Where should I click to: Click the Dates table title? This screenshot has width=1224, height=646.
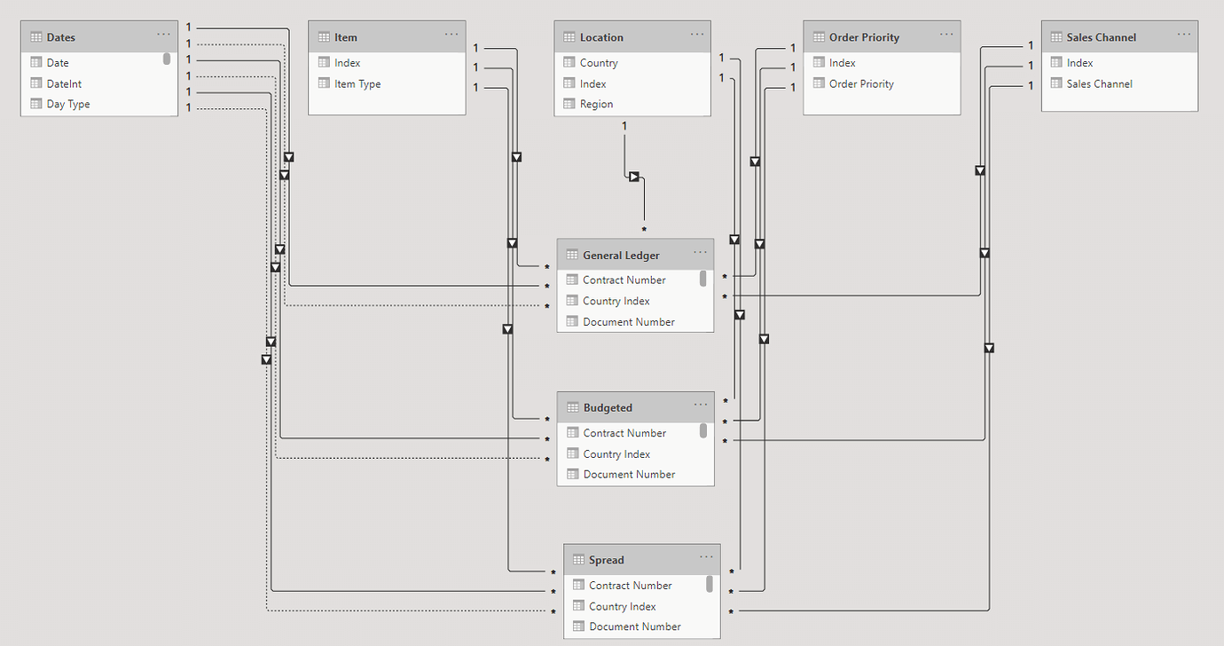coord(60,37)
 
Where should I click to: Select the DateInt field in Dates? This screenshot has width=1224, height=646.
coord(64,83)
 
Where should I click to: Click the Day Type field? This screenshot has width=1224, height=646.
coord(67,104)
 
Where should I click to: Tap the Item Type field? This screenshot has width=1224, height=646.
coord(357,83)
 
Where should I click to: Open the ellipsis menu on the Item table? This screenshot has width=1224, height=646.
coord(451,35)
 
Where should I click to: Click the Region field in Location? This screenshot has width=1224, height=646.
coord(596,104)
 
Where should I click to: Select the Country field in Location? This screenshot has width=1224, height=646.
coord(599,63)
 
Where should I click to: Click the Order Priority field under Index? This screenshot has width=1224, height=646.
coord(861,83)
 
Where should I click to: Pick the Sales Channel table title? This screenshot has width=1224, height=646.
coord(1101,37)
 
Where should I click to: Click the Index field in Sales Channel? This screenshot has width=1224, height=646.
coord(1079,63)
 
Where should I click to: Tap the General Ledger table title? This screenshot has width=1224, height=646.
coord(621,256)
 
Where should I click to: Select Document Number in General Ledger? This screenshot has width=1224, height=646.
coord(629,322)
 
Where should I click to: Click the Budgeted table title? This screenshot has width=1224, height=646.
coord(608,408)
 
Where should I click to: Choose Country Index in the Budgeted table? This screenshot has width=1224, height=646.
coord(616,454)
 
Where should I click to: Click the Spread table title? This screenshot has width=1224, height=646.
coord(606,560)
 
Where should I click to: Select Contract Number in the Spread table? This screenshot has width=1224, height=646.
coord(630,586)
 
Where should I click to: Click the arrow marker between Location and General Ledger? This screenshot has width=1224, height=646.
coord(634,177)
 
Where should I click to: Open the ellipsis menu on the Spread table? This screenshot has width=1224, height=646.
coord(706,557)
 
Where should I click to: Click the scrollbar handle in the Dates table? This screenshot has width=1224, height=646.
coord(167,59)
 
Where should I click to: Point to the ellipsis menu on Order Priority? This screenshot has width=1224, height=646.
coord(946,35)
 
